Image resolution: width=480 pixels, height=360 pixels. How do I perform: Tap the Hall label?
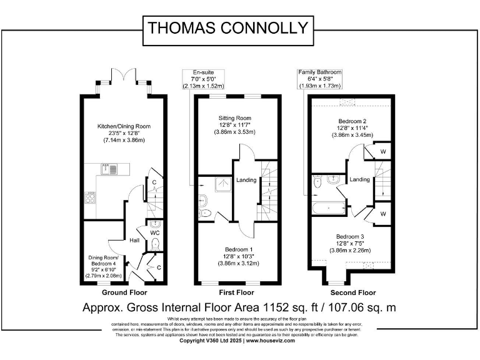(x=134, y=239)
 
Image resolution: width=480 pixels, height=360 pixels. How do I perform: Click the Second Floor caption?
(x=352, y=292)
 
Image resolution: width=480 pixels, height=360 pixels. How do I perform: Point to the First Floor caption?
(x=236, y=292)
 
